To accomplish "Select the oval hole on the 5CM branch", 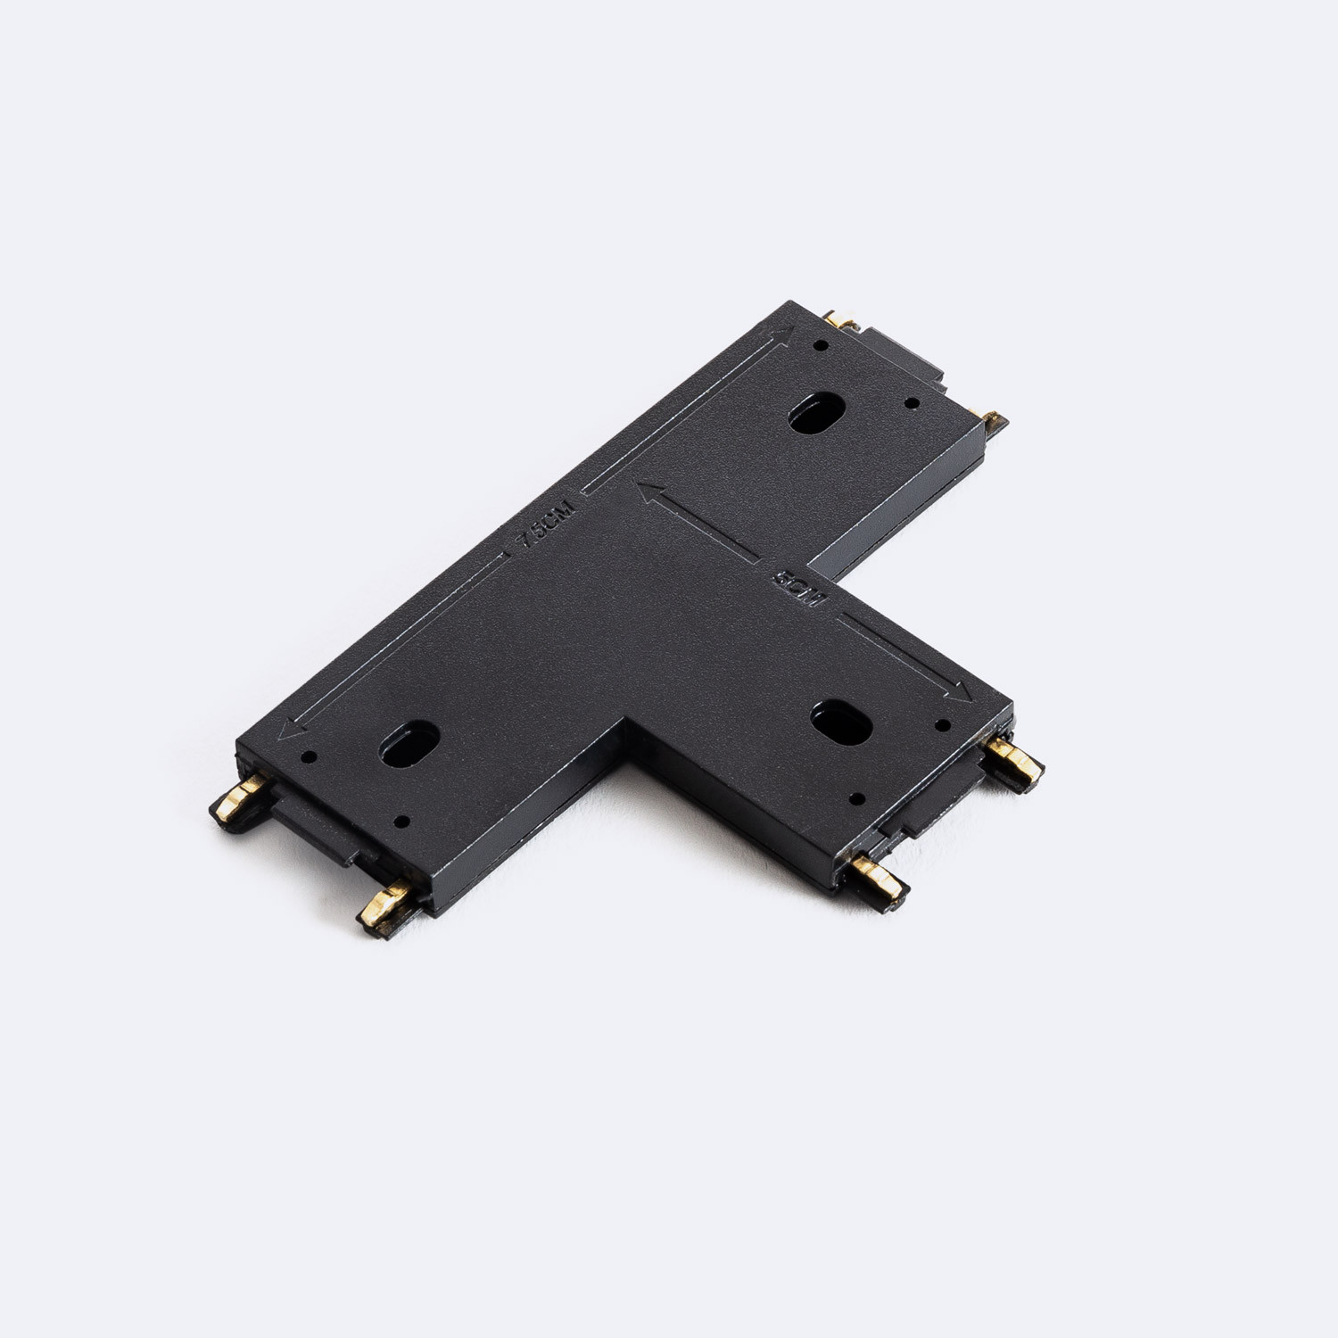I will [x=841, y=722].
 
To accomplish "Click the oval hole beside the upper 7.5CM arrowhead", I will [x=814, y=413].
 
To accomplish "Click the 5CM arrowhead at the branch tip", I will [x=960, y=691].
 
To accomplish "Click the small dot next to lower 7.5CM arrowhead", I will [x=310, y=757].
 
